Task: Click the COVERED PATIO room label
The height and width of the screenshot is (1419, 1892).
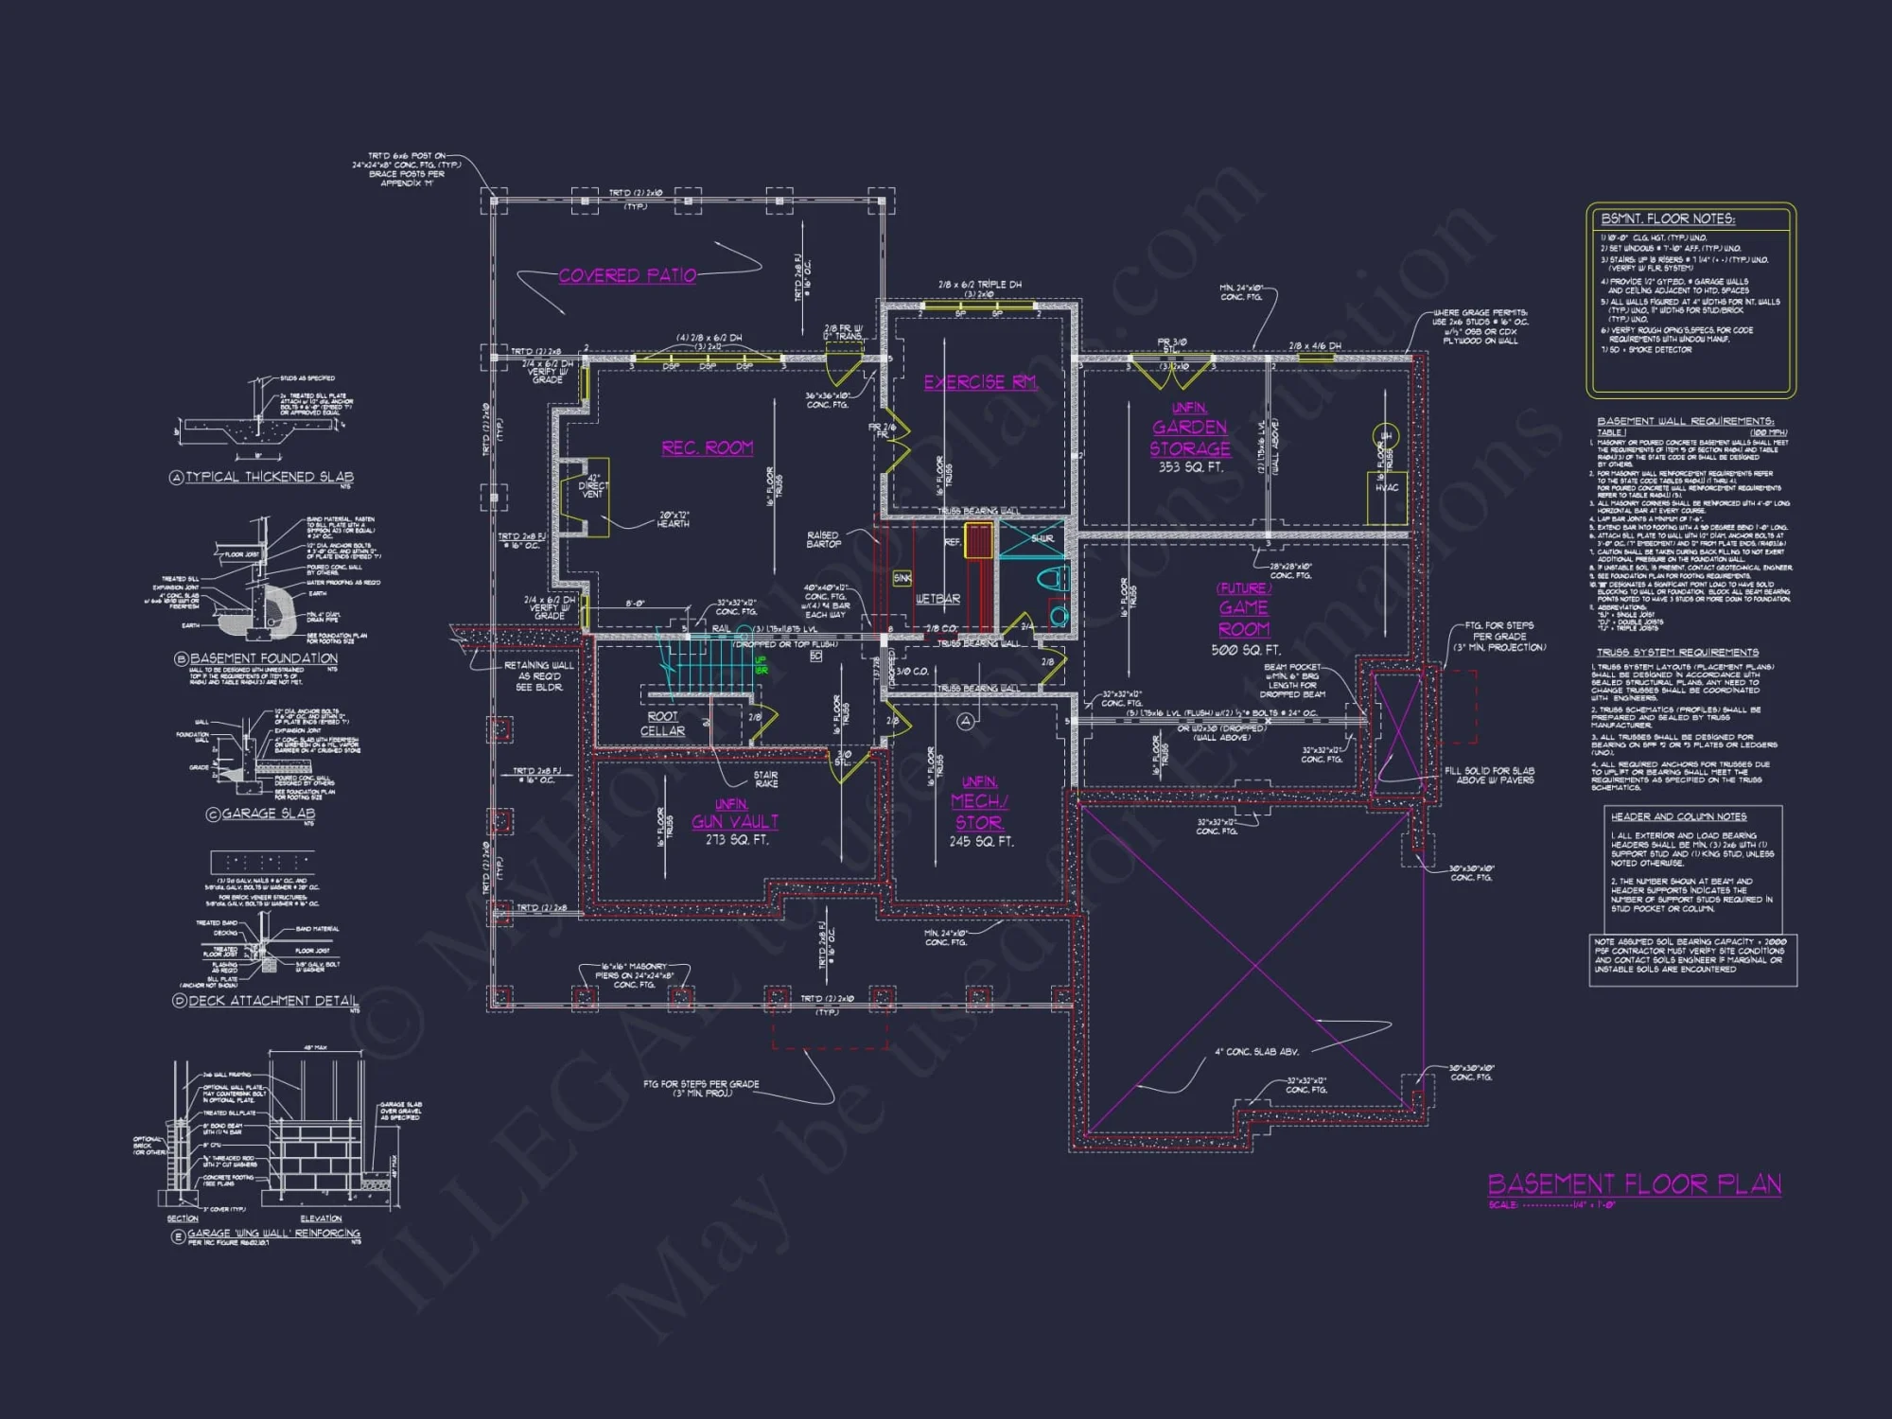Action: [627, 275]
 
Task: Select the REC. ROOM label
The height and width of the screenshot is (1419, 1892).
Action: [708, 447]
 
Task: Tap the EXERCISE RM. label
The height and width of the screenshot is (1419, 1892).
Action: [981, 382]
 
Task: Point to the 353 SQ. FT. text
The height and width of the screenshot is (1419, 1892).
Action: [1190, 467]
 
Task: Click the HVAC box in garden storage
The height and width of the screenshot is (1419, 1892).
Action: [1387, 488]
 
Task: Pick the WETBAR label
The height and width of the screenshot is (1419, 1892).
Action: [937, 599]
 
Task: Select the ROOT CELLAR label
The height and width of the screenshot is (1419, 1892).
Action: [662, 724]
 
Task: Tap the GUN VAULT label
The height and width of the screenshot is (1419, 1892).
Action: [735, 821]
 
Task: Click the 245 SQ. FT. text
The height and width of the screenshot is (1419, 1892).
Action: [981, 841]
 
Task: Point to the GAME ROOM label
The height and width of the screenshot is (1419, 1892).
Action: [1244, 618]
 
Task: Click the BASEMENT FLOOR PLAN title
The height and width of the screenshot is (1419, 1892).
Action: [1635, 1184]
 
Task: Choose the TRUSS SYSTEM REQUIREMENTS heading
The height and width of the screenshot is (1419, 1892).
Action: [1677, 653]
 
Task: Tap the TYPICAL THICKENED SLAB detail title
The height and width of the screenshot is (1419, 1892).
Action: [269, 477]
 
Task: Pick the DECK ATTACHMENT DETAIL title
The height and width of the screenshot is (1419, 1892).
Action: [273, 1001]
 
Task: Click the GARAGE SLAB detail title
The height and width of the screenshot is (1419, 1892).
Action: [268, 814]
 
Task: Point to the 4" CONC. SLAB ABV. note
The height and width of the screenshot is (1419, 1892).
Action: [1256, 1052]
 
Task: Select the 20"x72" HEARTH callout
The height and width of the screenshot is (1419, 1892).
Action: [674, 519]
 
